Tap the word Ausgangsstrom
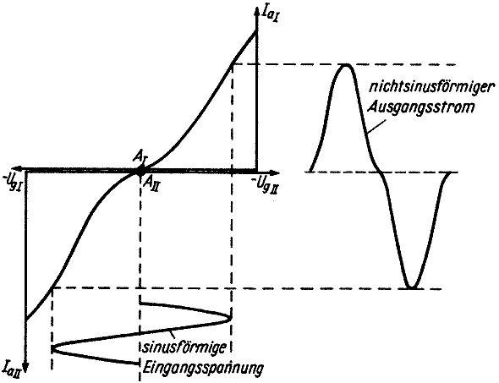coord(421,107)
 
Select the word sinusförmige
coord(184,347)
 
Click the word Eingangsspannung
coord(203,369)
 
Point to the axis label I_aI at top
coord(267,14)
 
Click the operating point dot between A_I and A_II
coord(140,172)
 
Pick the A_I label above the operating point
coord(140,160)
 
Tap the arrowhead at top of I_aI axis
coord(256,10)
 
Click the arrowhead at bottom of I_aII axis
coord(26,369)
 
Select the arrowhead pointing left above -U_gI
coord(19,168)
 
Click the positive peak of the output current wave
coord(346,64)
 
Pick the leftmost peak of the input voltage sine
coord(52,348)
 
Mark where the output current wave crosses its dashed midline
coord(381,172)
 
